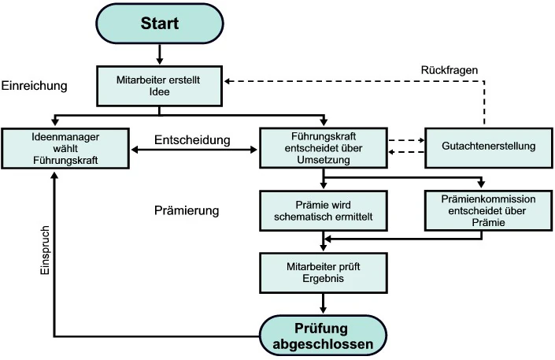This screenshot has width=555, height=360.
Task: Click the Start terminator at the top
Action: (160, 24)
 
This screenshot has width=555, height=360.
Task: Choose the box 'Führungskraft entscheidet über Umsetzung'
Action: (322, 147)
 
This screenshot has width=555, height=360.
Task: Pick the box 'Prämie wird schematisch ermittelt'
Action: (322, 212)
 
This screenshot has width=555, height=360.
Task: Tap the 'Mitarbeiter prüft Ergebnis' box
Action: (322, 272)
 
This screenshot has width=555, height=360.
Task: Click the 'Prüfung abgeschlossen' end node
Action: (323, 336)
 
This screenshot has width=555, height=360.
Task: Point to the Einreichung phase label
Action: (35, 84)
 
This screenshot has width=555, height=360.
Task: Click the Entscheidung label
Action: (192, 139)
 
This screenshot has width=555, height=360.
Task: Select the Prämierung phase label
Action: (187, 212)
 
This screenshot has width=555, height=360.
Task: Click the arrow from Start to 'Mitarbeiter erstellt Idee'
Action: (160, 54)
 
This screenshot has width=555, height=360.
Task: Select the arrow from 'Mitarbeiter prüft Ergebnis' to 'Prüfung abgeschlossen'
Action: (323, 302)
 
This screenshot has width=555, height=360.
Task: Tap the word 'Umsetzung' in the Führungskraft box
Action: (323, 159)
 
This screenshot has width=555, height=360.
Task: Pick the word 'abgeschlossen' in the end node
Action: (323, 343)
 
